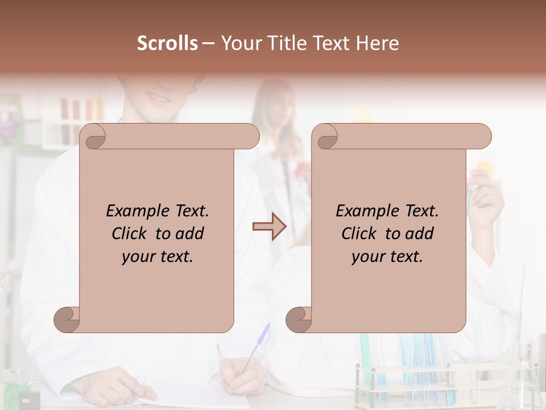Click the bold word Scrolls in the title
pyautogui.click(x=168, y=43)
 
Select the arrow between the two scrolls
pyautogui.click(x=270, y=227)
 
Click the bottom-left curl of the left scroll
pyautogui.click(x=67, y=319)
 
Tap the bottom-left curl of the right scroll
pyautogui.click(x=299, y=319)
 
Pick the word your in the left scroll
pyautogui.click(x=137, y=257)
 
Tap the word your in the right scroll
pyautogui.click(x=367, y=257)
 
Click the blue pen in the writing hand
pyautogui.click(x=253, y=352)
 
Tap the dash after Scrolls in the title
pyautogui.click(x=208, y=43)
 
